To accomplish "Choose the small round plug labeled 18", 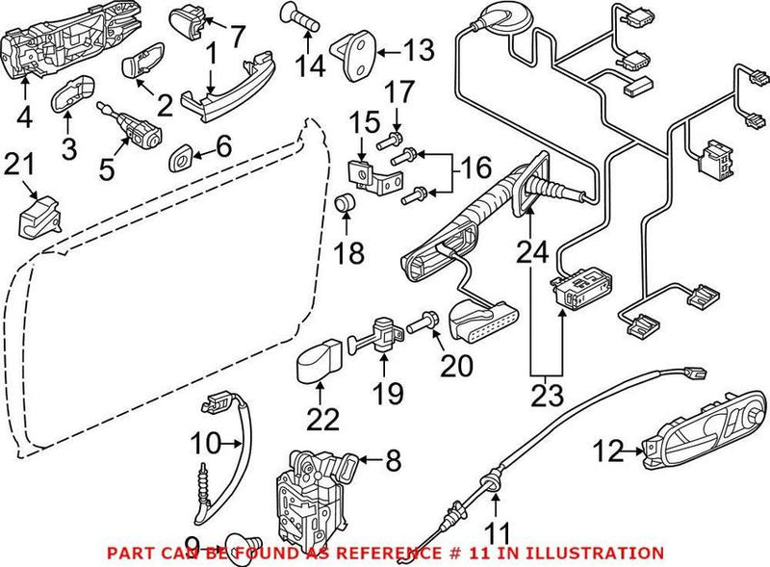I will (x=345, y=204).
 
